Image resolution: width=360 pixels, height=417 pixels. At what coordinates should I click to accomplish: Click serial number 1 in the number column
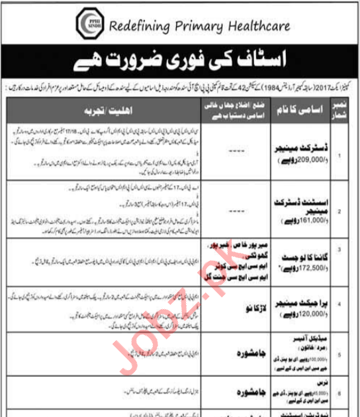coord(341,156)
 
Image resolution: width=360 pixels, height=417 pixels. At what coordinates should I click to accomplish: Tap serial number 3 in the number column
coord(341,250)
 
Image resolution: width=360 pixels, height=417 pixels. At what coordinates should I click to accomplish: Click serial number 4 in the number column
coord(341,304)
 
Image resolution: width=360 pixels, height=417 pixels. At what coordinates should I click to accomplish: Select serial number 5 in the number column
coord(341,354)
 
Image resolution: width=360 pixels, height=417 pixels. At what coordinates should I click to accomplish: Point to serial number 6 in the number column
coord(341,391)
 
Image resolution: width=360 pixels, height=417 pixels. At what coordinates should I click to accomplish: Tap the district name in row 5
coord(218,354)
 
